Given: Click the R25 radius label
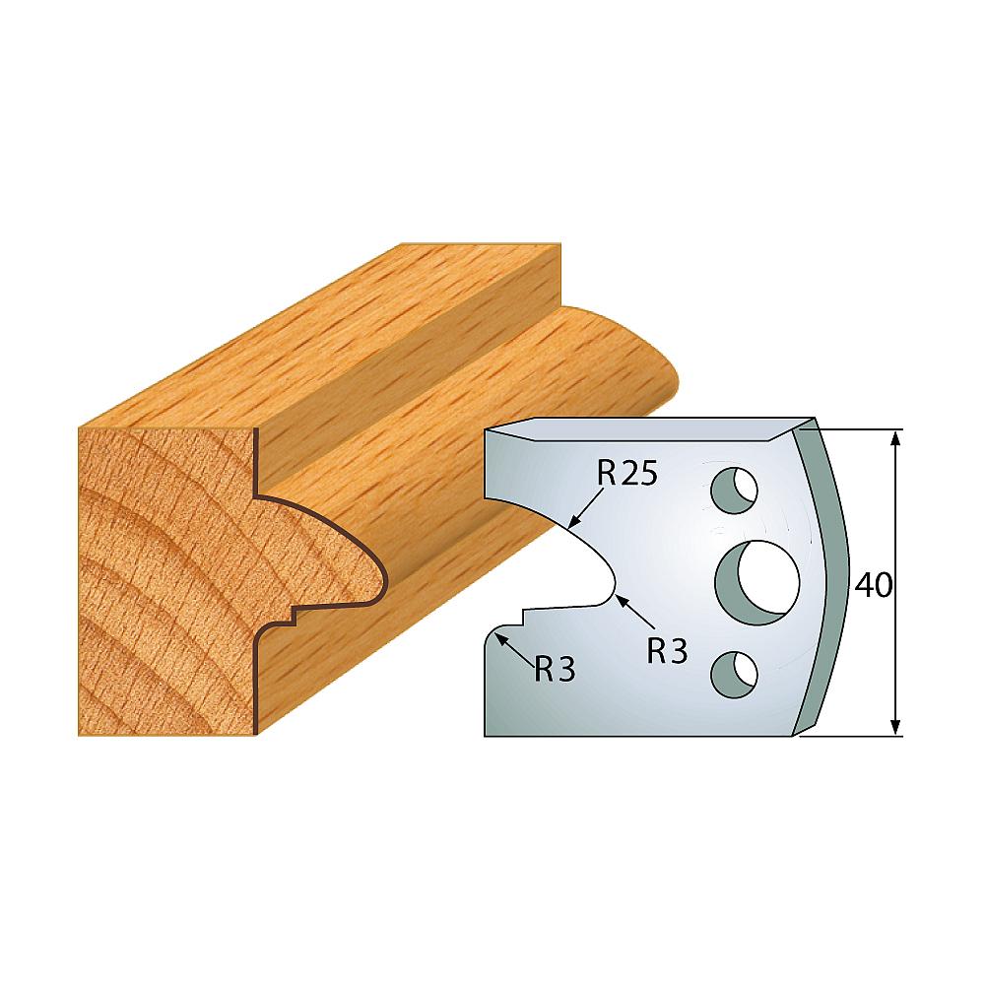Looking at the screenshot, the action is (626, 474).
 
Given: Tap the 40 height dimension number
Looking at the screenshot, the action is (873, 585).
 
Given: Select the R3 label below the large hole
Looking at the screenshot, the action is (667, 651).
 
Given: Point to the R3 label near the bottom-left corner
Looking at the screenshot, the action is (556, 670).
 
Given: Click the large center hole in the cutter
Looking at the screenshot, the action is (758, 582).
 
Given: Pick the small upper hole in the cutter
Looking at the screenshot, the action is (734, 490).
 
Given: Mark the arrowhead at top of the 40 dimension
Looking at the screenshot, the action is (896, 437).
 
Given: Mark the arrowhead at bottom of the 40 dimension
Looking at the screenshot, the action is (896, 728).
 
